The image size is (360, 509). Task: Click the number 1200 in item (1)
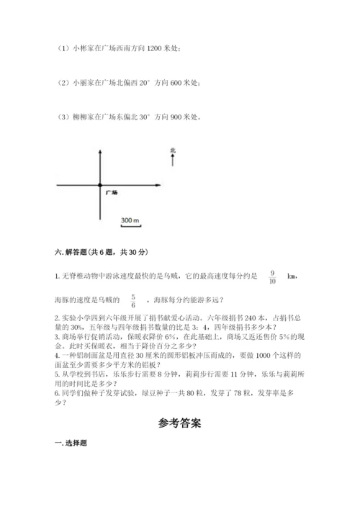click(x=154, y=48)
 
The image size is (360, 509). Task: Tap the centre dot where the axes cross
click(x=100, y=186)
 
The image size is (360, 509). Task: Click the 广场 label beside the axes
click(x=111, y=194)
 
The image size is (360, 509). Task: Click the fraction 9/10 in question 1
click(x=271, y=277)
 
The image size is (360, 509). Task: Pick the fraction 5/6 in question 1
click(x=132, y=300)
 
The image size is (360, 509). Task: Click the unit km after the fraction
click(x=292, y=276)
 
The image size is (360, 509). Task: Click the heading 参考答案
click(x=180, y=423)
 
